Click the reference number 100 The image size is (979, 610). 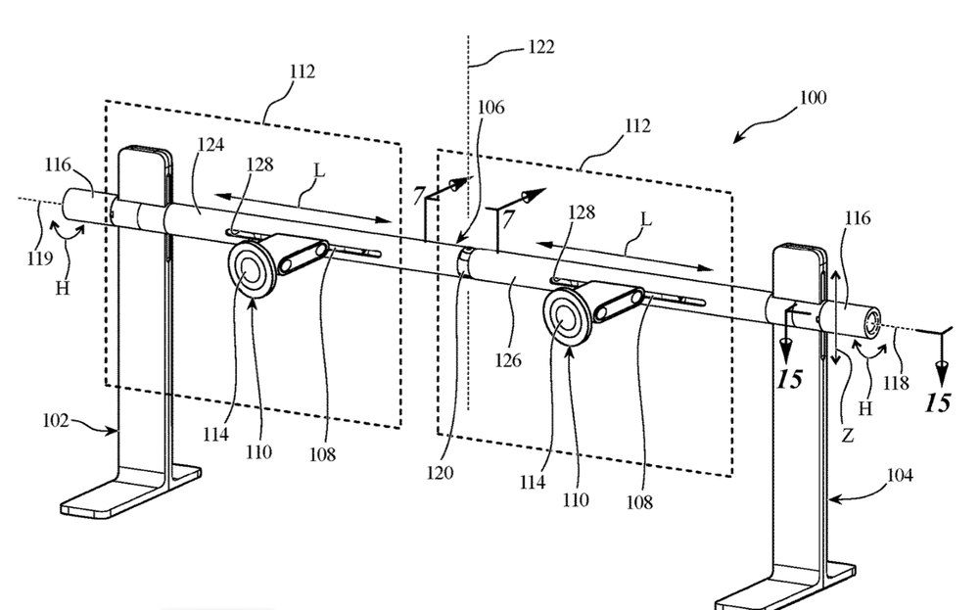pos(813,98)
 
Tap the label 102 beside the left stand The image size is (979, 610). pos(56,421)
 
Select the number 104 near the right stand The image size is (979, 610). pos(900,476)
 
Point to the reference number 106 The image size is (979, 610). pos(490,108)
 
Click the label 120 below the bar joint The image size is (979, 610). pos(440,473)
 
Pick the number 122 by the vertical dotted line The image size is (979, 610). pos(540,47)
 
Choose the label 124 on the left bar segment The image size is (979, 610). pos(211,145)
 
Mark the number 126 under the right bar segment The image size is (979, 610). pos(507,360)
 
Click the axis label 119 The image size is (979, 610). pos(39,258)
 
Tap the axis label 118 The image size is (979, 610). pos(896,383)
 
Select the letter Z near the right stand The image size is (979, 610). pos(847,435)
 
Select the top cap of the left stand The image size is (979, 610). pos(146,153)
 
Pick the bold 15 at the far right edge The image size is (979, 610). pos(937,403)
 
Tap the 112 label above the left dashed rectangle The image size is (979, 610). pos(303,71)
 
